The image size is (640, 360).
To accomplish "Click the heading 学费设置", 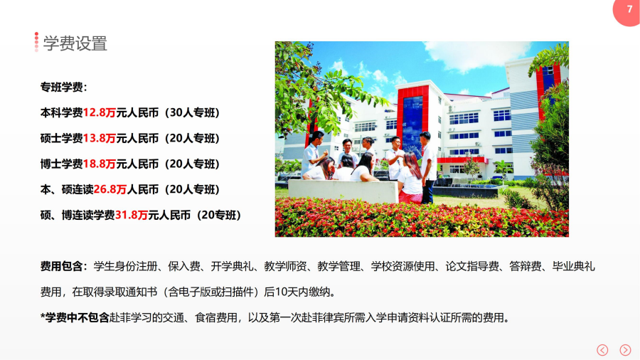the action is pos(75,43).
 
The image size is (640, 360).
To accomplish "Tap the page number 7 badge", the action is pos(627,11).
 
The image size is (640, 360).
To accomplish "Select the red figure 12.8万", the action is pos(99,112).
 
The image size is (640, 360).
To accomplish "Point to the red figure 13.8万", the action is pos(99,138).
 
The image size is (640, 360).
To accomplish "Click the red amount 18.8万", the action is pos(99,164).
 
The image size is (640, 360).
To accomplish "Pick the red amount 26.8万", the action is pos(110,189).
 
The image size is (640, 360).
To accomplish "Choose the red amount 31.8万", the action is pos(132,215).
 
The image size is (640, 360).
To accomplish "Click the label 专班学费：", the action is pos(64,87).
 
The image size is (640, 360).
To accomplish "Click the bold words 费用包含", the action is pos(61,267).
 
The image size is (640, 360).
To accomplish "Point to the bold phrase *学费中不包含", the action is pos(75,317).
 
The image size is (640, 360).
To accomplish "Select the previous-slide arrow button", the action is pos(602,350).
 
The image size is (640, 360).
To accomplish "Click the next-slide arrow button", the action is pos(625,350).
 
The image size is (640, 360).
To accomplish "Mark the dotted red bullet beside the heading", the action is pos(36,42).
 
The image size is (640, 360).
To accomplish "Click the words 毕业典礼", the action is pos(573,267).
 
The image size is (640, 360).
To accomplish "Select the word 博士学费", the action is pos(61,164).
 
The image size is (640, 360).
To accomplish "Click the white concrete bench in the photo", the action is pos(343,191).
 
